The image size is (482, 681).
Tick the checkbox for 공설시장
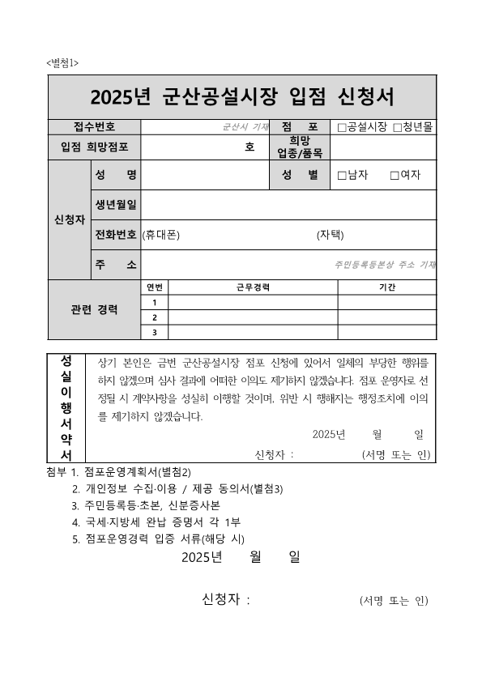[x=342, y=128]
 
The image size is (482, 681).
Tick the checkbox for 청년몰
[x=397, y=128]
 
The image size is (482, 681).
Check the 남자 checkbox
[x=342, y=175]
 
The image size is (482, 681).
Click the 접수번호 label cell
[x=94, y=127]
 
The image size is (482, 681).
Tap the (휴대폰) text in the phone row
[x=160, y=235]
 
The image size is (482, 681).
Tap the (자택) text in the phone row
[x=331, y=235]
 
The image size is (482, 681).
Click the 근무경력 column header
[x=253, y=287]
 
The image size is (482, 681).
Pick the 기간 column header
[x=386, y=287]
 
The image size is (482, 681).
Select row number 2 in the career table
[x=155, y=317]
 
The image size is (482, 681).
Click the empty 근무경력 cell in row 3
[x=253, y=331]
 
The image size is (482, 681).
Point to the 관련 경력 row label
[x=95, y=309]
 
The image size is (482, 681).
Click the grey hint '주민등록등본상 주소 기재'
[x=385, y=265]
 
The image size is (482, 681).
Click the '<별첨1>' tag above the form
[x=62, y=63]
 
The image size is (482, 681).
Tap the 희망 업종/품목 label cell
[x=300, y=147]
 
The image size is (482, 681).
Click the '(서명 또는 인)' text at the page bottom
[x=393, y=601]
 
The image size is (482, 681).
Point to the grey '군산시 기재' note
[x=245, y=128]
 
